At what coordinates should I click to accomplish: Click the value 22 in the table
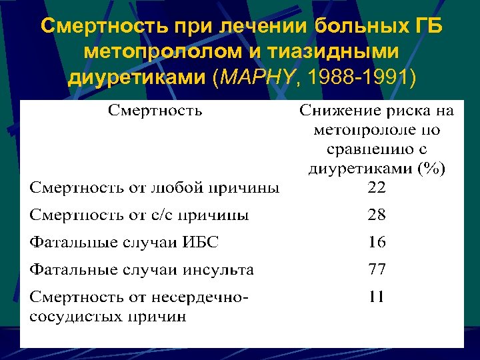pyautogui.click(x=377, y=188)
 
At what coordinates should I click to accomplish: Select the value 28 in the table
pyautogui.click(x=377, y=215)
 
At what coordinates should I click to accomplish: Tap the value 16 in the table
pyautogui.click(x=377, y=242)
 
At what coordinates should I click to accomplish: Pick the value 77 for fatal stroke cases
pyautogui.click(x=377, y=269)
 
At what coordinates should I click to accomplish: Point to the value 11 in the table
pyautogui.click(x=377, y=296)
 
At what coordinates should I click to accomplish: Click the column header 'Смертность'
pyautogui.click(x=155, y=110)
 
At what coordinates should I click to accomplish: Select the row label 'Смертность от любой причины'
pyautogui.click(x=154, y=188)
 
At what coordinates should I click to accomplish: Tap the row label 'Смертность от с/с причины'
pyautogui.click(x=139, y=215)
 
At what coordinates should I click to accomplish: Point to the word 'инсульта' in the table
pyautogui.click(x=220, y=269)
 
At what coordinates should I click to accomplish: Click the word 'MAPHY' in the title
pyautogui.click(x=259, y=77)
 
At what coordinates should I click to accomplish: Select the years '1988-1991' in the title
pyautogui.click(x=355, y=77)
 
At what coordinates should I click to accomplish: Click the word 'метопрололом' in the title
pyautogui.click(x=151, y=53)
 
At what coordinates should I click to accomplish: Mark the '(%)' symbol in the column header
pyautogui.click(x=432, y=169)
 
